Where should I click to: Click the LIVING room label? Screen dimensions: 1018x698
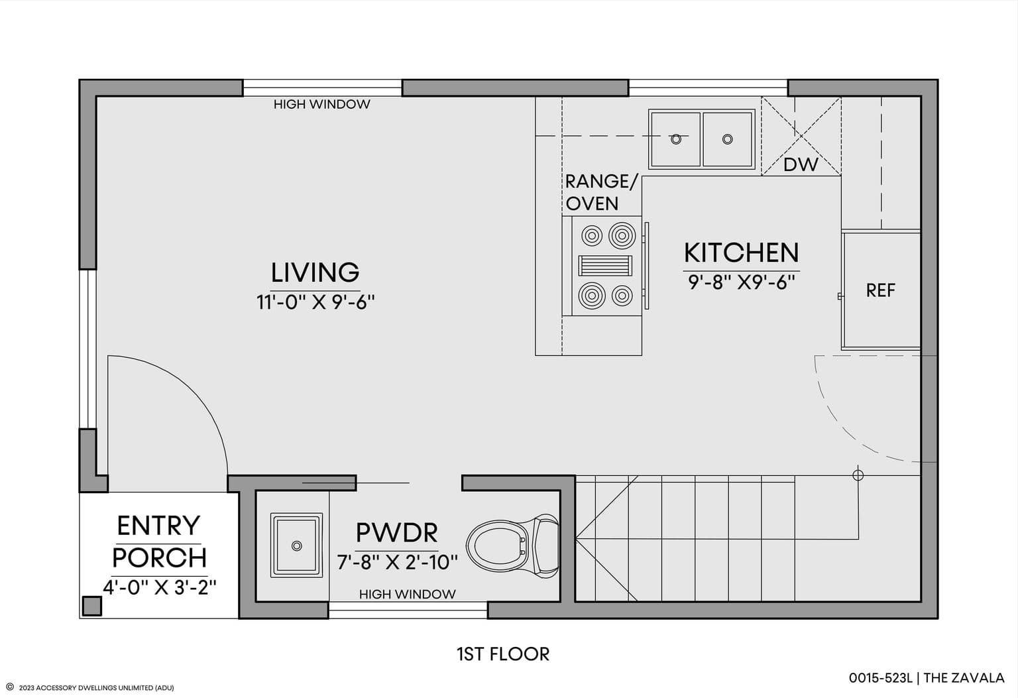pyautogui.click(x=315, y=272)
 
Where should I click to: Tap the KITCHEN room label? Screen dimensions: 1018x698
pyautogui.click(x=741, y=253)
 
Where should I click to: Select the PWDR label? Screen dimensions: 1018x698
pyautogui.click(x=397, y=532)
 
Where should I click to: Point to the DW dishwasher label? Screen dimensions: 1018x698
pyautogui.click(x=801, y=164)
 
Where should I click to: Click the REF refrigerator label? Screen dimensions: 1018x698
pyautogui.click(x=880, y=290)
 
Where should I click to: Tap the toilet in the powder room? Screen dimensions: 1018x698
pyautogui.click(x=512, y=546)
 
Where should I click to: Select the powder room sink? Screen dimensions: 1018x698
pyautogui.click(x=296, y=546)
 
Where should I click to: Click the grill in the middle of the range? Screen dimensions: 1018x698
pyautogui.click(x=605, y=265)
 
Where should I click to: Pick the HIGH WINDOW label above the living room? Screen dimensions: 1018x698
pyautogui.click(x=321, y=105)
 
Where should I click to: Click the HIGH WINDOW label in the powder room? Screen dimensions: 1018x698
pyautogui.click(x=407, y=594)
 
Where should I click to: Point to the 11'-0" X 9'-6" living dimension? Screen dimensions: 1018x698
pyautogui.click(x=315, y=302)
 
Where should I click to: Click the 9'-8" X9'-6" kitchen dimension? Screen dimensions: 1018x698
pyautogui.click(x=741, y=282)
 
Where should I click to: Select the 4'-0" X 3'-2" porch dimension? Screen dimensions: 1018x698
pyautogui.click(x=159, y=587)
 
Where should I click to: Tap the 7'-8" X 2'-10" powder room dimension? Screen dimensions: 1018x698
pyautogui.click(x=397, y=562)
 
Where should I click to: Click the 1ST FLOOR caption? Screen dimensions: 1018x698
pyautogui.click(x=503, y=654)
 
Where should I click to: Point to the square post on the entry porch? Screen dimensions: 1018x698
pyautogui.click(x=92, y=607)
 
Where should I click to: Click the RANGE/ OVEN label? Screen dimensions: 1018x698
pyautogui.click(x=602, y=193)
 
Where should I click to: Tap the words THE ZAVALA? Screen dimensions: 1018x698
pyautogui.click(x=964, y=678)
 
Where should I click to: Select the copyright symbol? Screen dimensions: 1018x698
pyautogui.click(x=10, y=687)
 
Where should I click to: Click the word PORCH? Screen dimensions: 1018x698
pyautogui.click(x=160, y=557)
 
